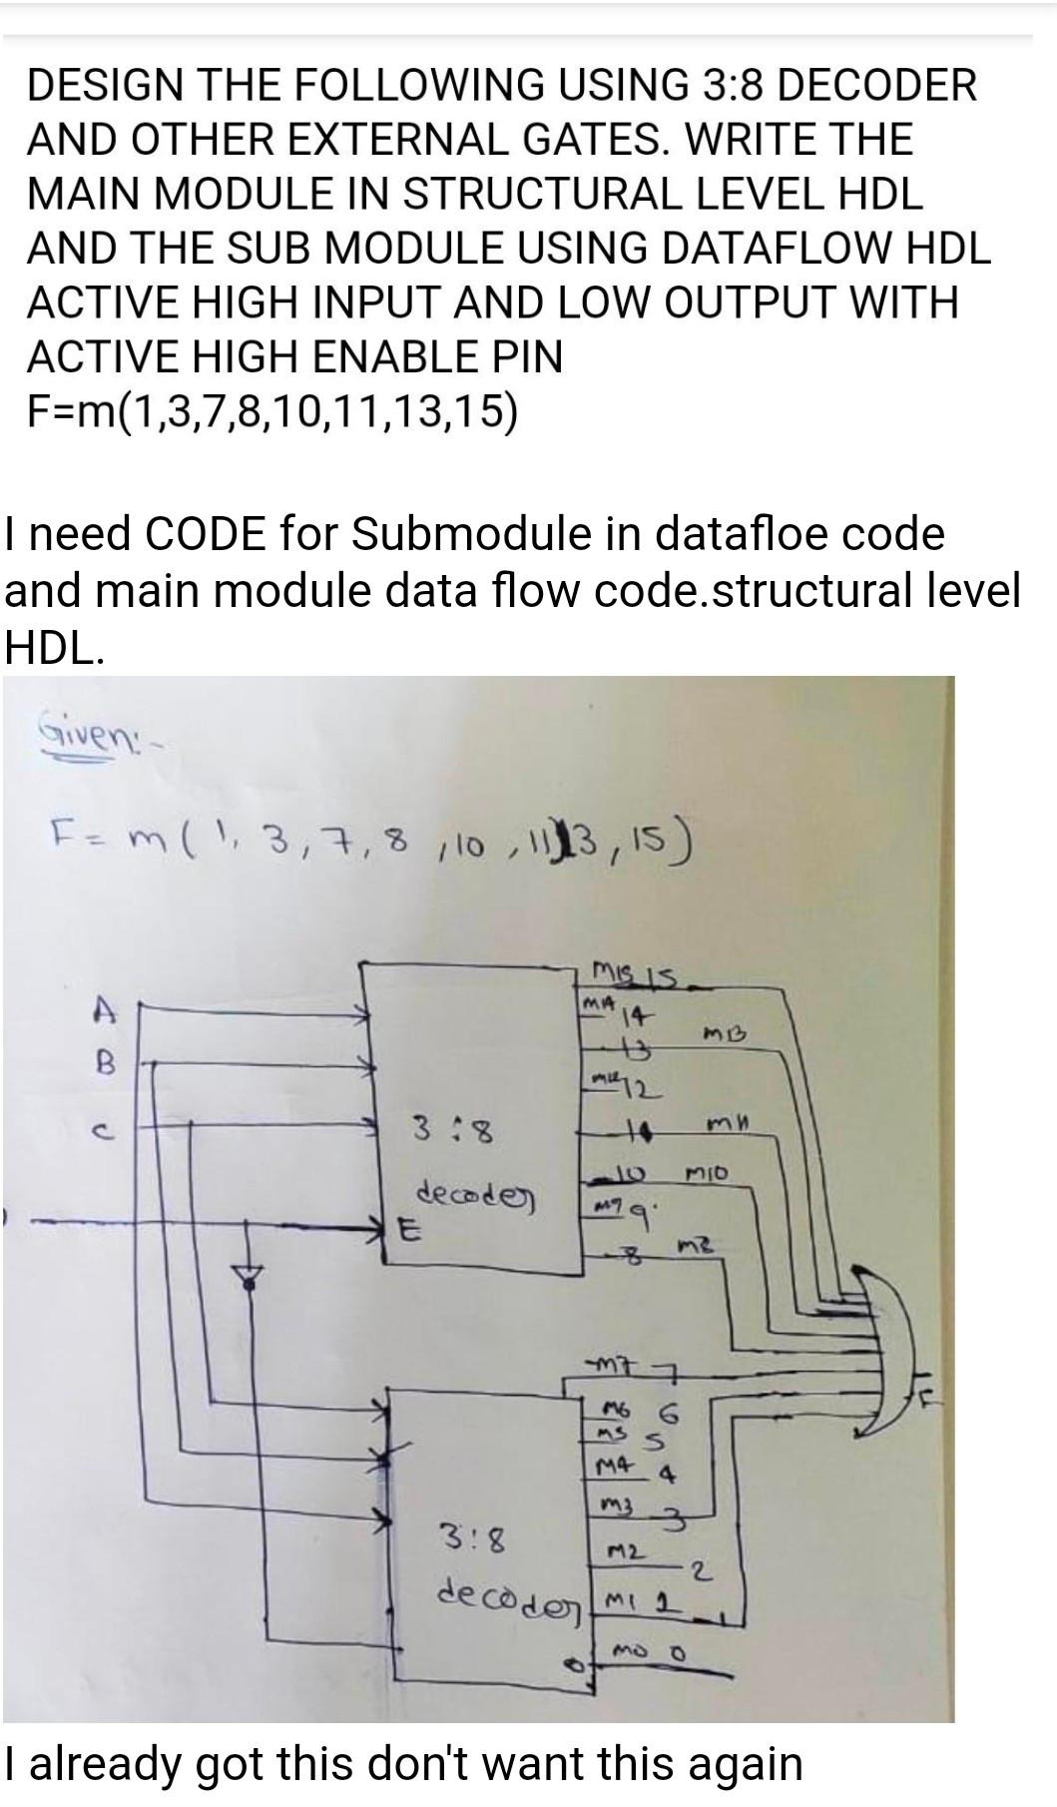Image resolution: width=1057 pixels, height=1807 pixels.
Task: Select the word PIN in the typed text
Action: tap(528, 355)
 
